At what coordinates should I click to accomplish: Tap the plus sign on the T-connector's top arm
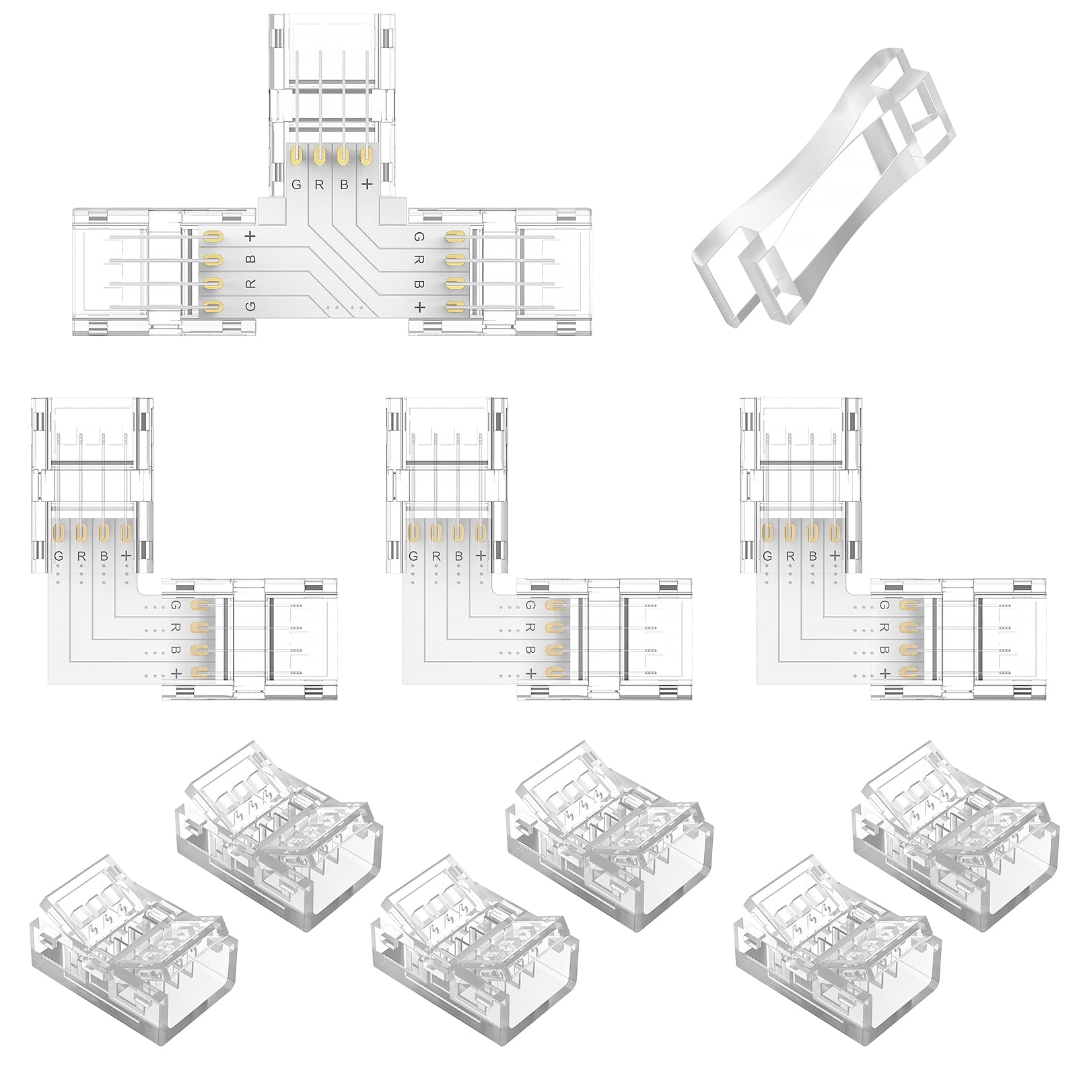click(367, 184)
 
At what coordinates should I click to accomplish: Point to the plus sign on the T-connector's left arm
click(250, 236)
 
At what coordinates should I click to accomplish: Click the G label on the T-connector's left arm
click(250, 306)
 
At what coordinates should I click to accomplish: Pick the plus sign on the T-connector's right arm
click(419, 307)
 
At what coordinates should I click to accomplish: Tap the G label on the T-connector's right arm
click(419, 237)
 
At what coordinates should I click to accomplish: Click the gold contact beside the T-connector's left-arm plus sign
click(213, 237)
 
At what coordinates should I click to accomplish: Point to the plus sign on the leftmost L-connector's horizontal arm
click(176, 672)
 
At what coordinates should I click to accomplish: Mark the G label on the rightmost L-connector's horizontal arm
click(884, 606)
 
